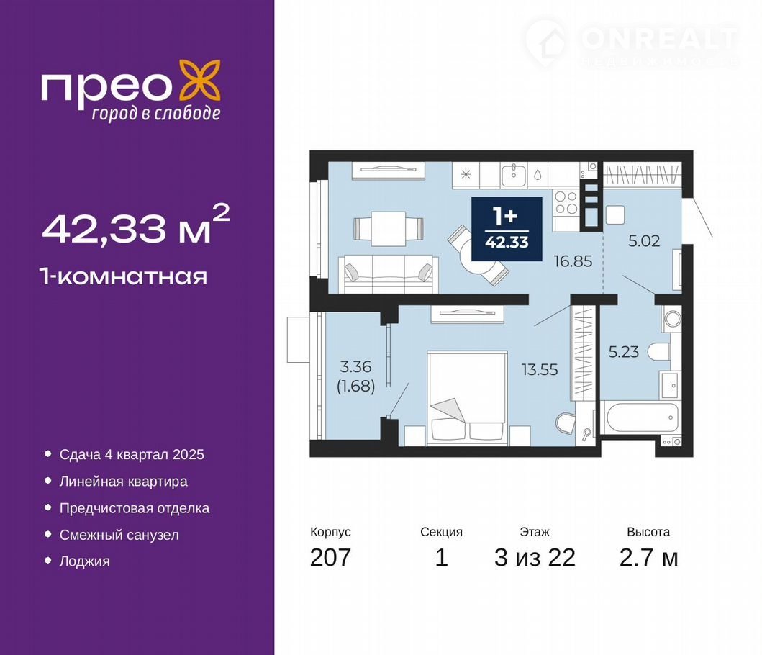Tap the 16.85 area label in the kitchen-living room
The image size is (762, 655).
[573, 261]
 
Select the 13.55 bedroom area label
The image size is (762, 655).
[540, 369]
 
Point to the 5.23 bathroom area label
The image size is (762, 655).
[624, 351]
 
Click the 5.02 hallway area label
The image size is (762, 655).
[644, 240]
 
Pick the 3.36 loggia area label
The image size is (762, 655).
[355, 366]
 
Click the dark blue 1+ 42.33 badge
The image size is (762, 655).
[507, 229]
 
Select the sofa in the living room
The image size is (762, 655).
[389, 274]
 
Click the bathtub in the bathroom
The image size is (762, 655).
[640, 417]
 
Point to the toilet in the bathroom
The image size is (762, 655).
[660, 352]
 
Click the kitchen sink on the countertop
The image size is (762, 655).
[513, 174]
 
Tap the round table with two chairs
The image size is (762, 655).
[478, 256]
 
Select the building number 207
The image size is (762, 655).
[330, 557]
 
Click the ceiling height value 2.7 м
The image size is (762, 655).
[649, 557]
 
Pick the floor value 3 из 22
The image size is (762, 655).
[535, 557]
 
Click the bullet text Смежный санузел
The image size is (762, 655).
[119, 535]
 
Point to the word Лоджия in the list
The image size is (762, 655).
[85, 561]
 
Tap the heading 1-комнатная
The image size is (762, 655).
[124, 276]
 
